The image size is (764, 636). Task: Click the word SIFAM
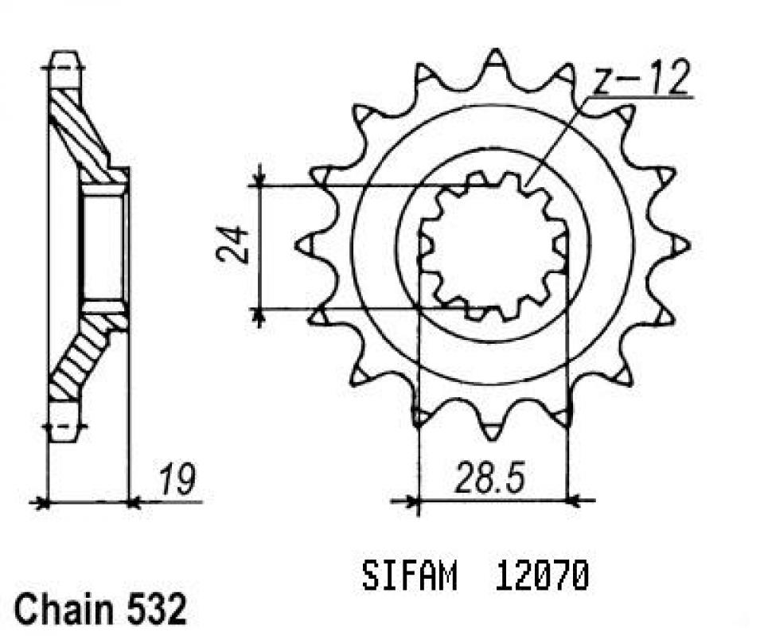click(x=409, y=576)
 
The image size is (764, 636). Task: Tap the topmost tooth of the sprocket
click(x=494, y=59)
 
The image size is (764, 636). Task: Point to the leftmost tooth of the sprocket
click(x=305, y=245)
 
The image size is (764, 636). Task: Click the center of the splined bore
click(x=493, y=245)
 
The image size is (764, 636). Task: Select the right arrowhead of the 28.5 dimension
click(x=575, y=501)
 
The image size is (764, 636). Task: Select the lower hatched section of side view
click(x=80, y=358)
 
